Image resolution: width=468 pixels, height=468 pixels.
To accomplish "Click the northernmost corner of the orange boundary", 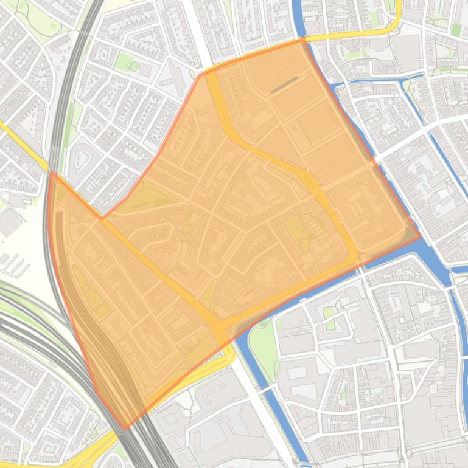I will [302, 40].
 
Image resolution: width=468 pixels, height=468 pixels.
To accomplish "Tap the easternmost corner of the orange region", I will [421, 237].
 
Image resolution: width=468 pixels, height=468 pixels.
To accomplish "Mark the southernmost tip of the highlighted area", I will [125, 429].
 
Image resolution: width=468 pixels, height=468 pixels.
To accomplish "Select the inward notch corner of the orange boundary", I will [101, 218].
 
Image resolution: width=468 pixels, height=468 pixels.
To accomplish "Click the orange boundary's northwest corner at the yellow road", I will [201, 75].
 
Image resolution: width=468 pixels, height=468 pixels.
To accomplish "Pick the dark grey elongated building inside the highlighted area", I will [284, 86].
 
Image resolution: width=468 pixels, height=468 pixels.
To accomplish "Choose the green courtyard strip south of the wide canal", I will [329, 315].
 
